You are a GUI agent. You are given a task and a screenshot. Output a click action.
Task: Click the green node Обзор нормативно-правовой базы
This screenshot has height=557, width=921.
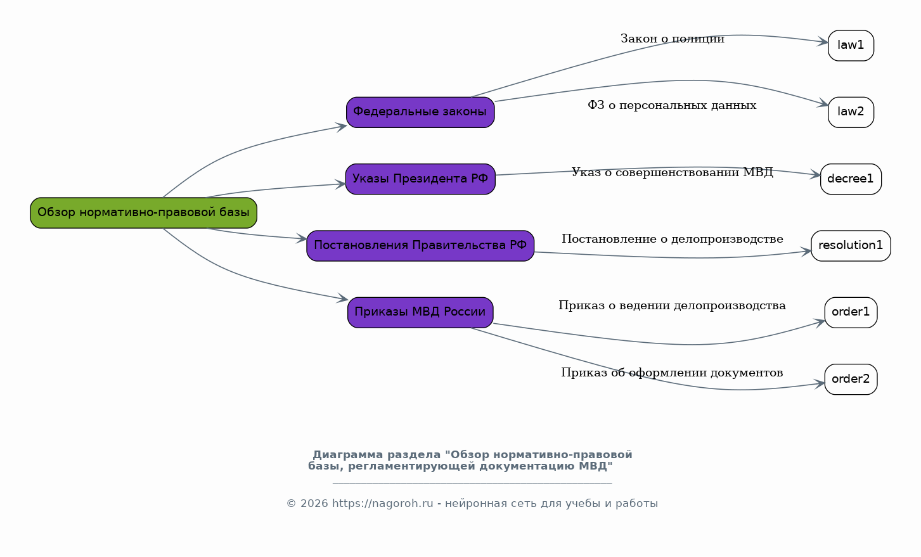pyautogui.click(x=143, y=213)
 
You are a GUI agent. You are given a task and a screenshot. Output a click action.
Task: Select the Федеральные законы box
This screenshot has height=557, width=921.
pyautogui.click(x=420, y=112)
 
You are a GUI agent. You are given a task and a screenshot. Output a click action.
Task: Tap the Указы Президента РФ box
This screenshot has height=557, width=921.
pyautogui.click(x=420, y=179)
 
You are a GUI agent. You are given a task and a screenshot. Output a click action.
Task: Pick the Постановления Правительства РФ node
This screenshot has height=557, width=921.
pyautogui.click(x=420, y=246)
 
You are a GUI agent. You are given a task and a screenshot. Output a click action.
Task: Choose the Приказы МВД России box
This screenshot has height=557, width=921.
pyautogui.click(x=420, y=312)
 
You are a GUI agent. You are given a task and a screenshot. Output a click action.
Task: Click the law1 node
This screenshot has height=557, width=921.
pyautogui.click(x=851, y=46)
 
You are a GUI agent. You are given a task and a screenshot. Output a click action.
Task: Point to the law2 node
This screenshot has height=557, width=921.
pyautogui.click(x=851, y=112)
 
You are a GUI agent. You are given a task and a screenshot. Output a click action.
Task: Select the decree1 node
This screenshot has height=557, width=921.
pyautogui.click(x=851, y=179)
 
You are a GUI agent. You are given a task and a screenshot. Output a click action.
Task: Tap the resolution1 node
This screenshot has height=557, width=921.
pyautogui.click(x=851, y=246)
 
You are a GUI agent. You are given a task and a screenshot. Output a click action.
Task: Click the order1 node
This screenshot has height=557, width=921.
pyautogui.click(x=851, y=312)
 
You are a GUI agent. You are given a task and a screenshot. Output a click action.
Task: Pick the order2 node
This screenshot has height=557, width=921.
pyautogui.click(x=851, y=380)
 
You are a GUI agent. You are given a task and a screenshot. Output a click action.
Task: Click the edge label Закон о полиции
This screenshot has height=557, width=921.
pyautogui.click(x=672, y=39)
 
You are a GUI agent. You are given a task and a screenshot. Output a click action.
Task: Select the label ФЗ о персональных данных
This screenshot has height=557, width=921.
pyautogui.click(x=672, y=106)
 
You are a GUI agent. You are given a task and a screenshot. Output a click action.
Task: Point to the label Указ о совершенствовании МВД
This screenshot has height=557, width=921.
pyautogui.click(x=672, y=172)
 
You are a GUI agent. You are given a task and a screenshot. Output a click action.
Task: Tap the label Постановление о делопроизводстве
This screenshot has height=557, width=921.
pyautogui.click(x=672, y=240)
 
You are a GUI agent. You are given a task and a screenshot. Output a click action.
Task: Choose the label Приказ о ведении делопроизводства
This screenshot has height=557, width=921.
pyautogui.click(x=672, y=306)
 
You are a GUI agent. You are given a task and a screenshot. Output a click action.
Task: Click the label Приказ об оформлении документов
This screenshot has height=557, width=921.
pyautogui.click(x=672, y=373)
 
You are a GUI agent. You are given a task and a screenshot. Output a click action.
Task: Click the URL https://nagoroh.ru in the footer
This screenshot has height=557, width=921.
pyautogui.click(x=382, y=504)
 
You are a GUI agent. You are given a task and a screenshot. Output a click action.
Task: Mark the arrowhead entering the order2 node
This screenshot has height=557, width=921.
pyautogui.click(x=820, y=384)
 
